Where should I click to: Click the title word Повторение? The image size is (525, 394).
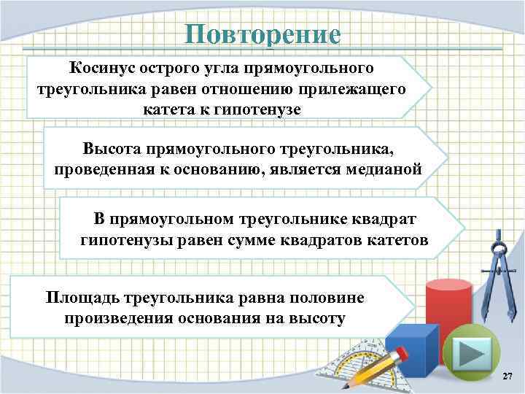coord(262,34)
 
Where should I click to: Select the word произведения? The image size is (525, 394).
coord(117,318)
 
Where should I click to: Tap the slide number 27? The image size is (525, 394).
coord(508,376)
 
